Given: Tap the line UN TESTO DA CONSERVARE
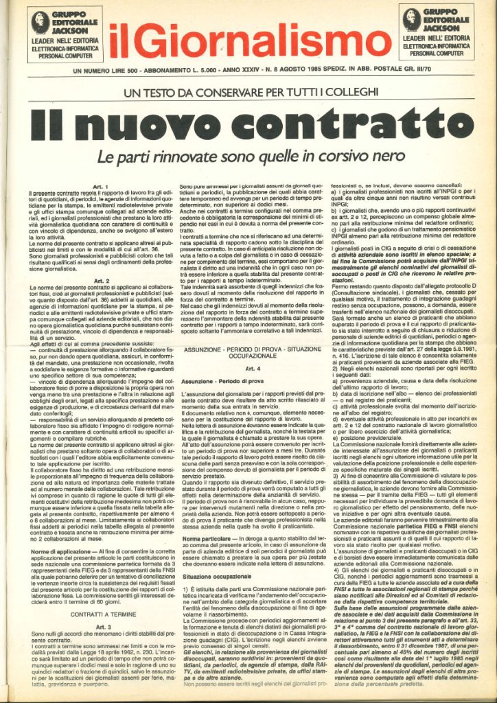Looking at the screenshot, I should click(250, 91).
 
